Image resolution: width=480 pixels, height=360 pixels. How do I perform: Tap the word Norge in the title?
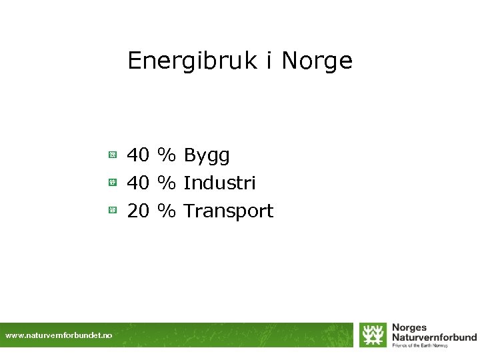coord(317,61)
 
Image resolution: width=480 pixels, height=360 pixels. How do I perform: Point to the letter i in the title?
coord(268,61)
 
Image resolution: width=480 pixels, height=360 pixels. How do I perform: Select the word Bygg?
coord(207,156)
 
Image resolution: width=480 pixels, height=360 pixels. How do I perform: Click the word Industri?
coord(219,183)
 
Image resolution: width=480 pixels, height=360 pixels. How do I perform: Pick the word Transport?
coord(228,211)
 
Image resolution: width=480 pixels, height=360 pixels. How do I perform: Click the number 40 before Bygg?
coord(138,155)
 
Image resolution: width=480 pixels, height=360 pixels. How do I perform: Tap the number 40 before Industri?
coord(138,183)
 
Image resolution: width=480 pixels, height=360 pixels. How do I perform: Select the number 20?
coord(138,211)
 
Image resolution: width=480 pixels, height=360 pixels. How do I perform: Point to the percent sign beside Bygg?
coord(167,155)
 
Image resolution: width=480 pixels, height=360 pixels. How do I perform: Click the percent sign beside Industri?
coord(167,183)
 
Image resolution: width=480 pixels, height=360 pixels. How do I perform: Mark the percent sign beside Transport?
coord(167,211)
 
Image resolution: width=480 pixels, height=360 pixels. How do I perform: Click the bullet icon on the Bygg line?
coord(113,155)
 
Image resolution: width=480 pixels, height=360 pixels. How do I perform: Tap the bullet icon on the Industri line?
coord(113,182)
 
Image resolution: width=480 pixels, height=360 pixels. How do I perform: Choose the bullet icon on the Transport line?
coord(113,211)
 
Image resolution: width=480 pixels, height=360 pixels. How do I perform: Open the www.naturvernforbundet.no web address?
coord(59,336)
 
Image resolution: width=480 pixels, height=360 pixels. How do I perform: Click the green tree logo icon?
coord(373,335)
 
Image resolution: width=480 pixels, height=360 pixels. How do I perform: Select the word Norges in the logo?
coord(409,328)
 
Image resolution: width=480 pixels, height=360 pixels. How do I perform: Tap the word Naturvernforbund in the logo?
coord(434,337)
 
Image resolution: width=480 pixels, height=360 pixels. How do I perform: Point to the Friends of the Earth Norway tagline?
coord(424,345)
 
